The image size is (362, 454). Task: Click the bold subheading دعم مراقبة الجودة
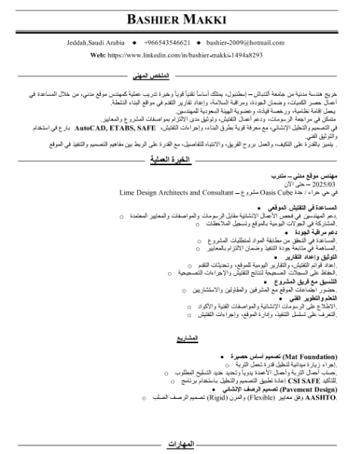tap(316, 233)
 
